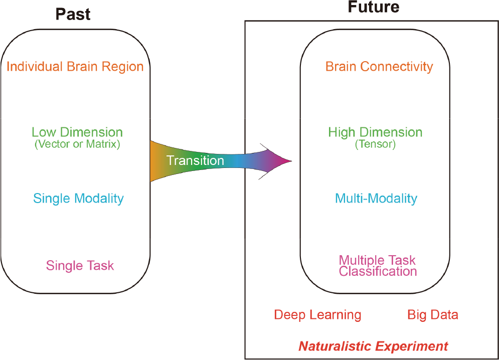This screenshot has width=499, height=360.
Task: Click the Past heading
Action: pos(73,15)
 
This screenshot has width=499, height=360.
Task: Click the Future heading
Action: pos(373,7)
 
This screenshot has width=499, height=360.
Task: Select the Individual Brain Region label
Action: pos(75,67)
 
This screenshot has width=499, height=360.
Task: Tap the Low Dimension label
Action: pos(77,132)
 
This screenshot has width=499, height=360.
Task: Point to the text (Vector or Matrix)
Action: pos(77,144)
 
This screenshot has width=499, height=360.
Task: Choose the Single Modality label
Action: pos(78,199)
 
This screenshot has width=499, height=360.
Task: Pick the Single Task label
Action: pos(80,265)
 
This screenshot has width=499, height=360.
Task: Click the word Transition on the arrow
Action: pos(195,160)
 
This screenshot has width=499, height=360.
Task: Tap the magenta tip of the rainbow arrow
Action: pos(291,161)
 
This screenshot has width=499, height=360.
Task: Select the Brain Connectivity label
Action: pos(379,67)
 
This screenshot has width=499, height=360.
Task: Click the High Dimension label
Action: pos(375,132)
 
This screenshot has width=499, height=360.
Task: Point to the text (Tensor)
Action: pos(375,144)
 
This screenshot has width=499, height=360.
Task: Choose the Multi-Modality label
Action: pos(376,199)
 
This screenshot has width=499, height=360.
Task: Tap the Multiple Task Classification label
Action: pos(378,266)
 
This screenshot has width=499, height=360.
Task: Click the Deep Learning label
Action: pos(317,315)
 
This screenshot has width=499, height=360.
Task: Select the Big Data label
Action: pos(433,315)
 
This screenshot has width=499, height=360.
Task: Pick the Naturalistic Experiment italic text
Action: pos(373,346)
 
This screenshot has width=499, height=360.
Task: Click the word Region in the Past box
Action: pos(122,67)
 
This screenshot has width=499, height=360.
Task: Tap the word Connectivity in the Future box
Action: pos(397,67)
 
